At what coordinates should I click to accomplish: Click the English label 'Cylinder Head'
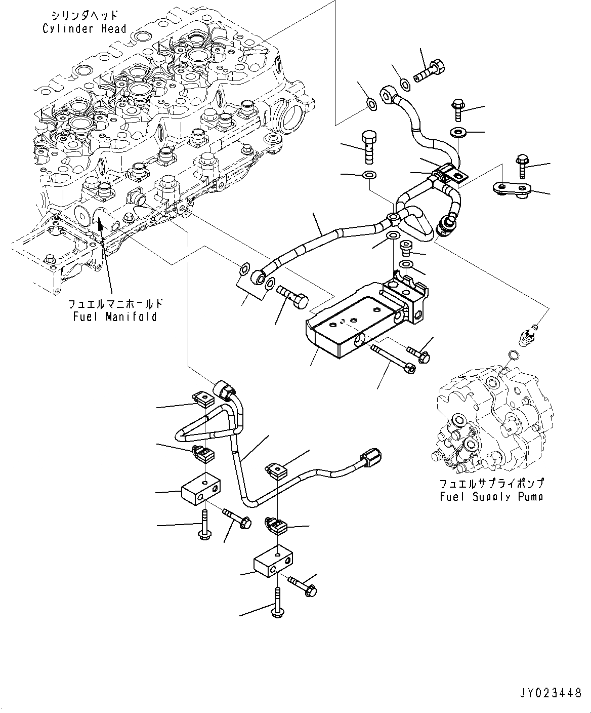click(x=84, y=28)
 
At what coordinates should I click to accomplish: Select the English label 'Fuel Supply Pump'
click(x=491, y=496)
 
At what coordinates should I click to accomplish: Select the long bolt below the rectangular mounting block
click(x=393, y=358)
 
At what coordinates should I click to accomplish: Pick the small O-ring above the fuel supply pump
click(x=512, y=353)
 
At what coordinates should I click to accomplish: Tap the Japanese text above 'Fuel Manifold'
click(x=116, y=304)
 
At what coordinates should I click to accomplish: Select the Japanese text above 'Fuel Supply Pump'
click(x=491, y=484)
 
